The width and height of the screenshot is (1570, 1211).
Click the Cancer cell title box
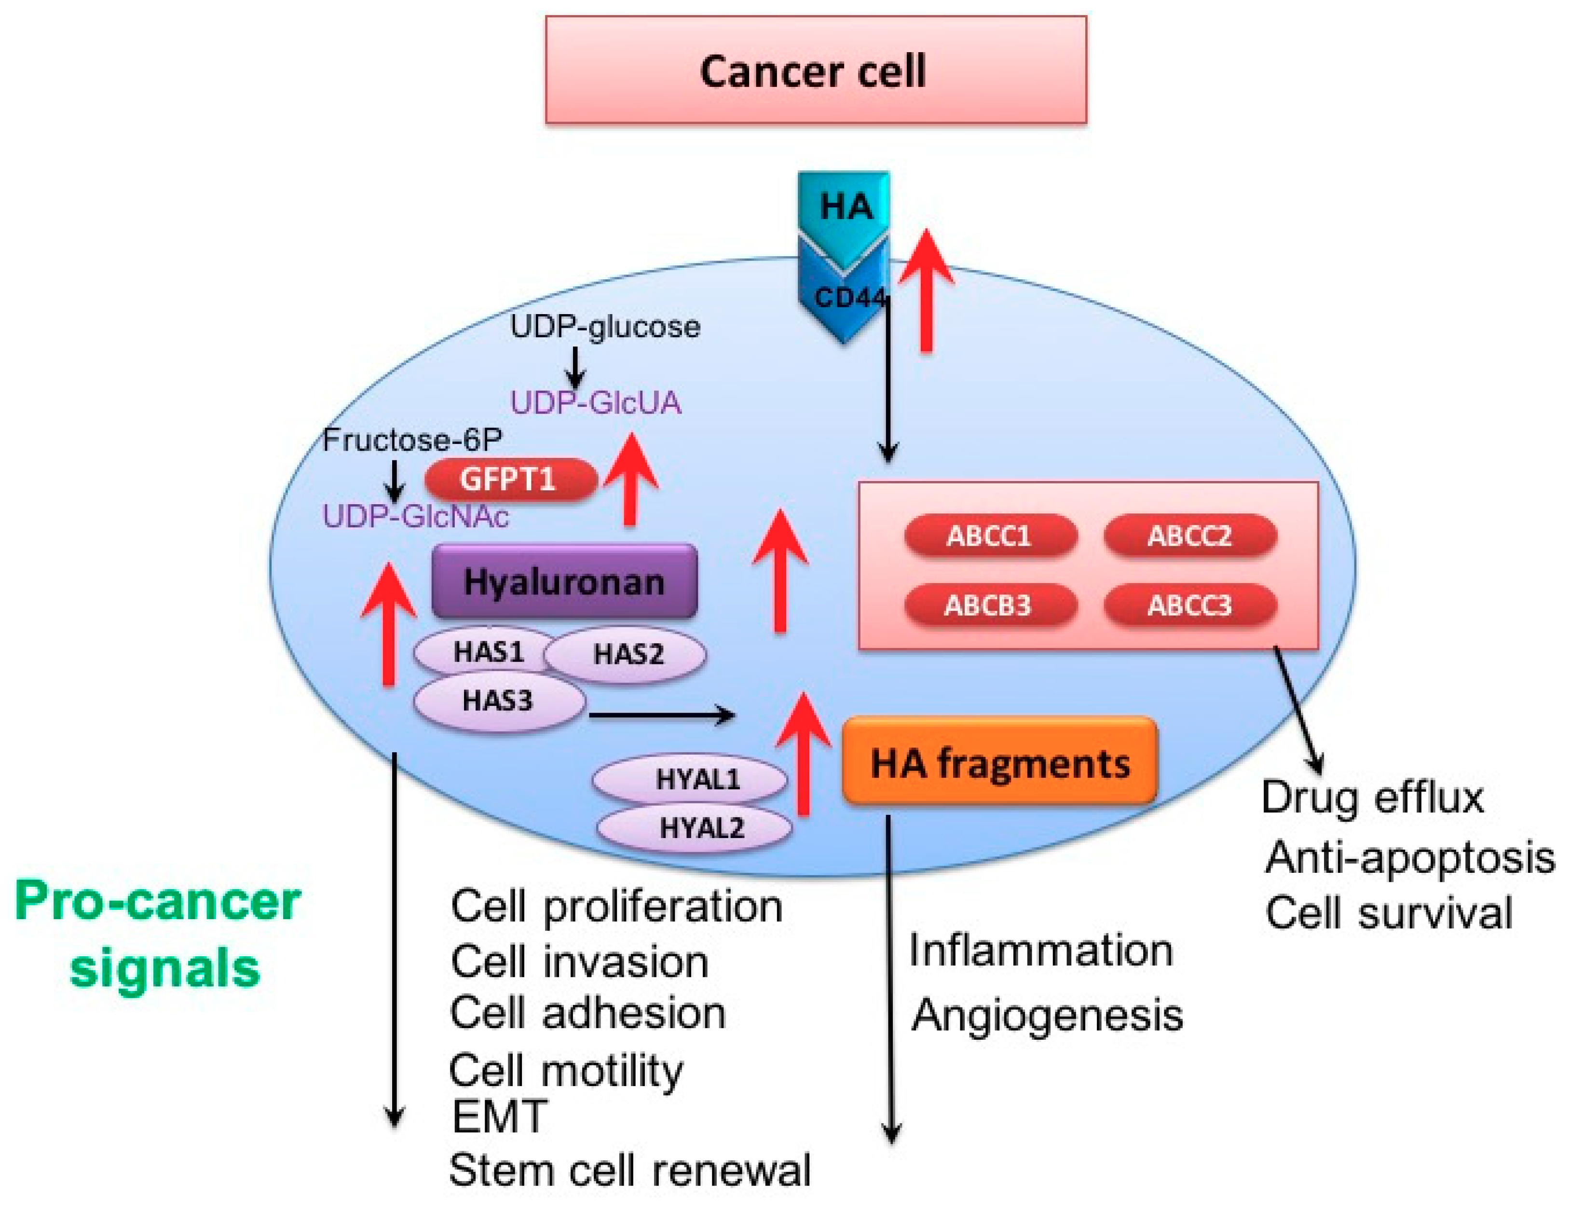(815, 70)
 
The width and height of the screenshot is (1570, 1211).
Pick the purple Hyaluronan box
(564, 581)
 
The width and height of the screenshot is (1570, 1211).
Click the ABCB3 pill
(989, 605)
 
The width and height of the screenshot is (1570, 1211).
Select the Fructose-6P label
(412, 440)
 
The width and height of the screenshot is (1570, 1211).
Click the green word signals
(165, 969)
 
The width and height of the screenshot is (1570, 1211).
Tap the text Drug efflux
(1372, 798)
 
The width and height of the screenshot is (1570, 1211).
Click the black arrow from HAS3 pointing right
(661, 715)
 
